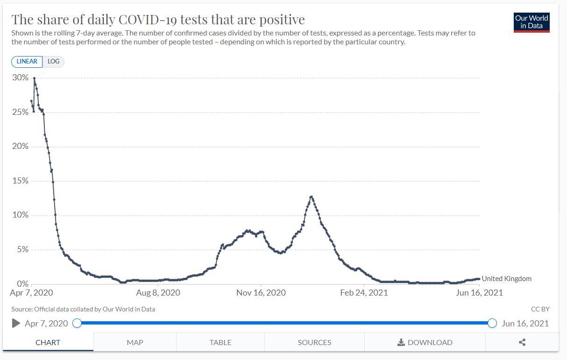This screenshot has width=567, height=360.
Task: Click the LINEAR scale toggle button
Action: [x=27, y=62]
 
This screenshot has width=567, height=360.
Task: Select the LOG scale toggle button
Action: [x=53, y=62]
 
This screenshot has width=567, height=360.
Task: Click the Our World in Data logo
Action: [x=532, y=22]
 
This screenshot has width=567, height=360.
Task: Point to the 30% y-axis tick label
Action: [x=20, y=78]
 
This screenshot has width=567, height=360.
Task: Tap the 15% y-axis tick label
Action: [x=20, y=181]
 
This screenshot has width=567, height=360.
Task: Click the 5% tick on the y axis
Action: [x=22, y=249]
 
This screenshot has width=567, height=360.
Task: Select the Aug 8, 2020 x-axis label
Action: [x=157, y=293]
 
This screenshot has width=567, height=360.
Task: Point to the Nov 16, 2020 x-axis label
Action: [x=261, y=293]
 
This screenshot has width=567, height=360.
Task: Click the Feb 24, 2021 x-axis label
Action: [x=364, y=293]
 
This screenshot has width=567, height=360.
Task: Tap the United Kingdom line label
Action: [x=506, y=279]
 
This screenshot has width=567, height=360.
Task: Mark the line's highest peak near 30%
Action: [x=34, y=78]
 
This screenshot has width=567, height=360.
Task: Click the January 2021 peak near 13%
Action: [x=311, y=197]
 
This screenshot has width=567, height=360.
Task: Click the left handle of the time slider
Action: [x=77, y=323]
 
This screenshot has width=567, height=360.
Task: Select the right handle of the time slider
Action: [x=492, y=323]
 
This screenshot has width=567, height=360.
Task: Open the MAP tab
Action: [x=135, y=342]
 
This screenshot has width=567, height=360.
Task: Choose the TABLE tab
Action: [x=220, y=342]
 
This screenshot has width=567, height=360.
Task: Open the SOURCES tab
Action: [x=314, y=342]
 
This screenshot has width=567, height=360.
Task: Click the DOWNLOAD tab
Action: [x=425, y=342]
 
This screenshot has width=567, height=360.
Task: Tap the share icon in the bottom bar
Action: [x=522, y=342]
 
